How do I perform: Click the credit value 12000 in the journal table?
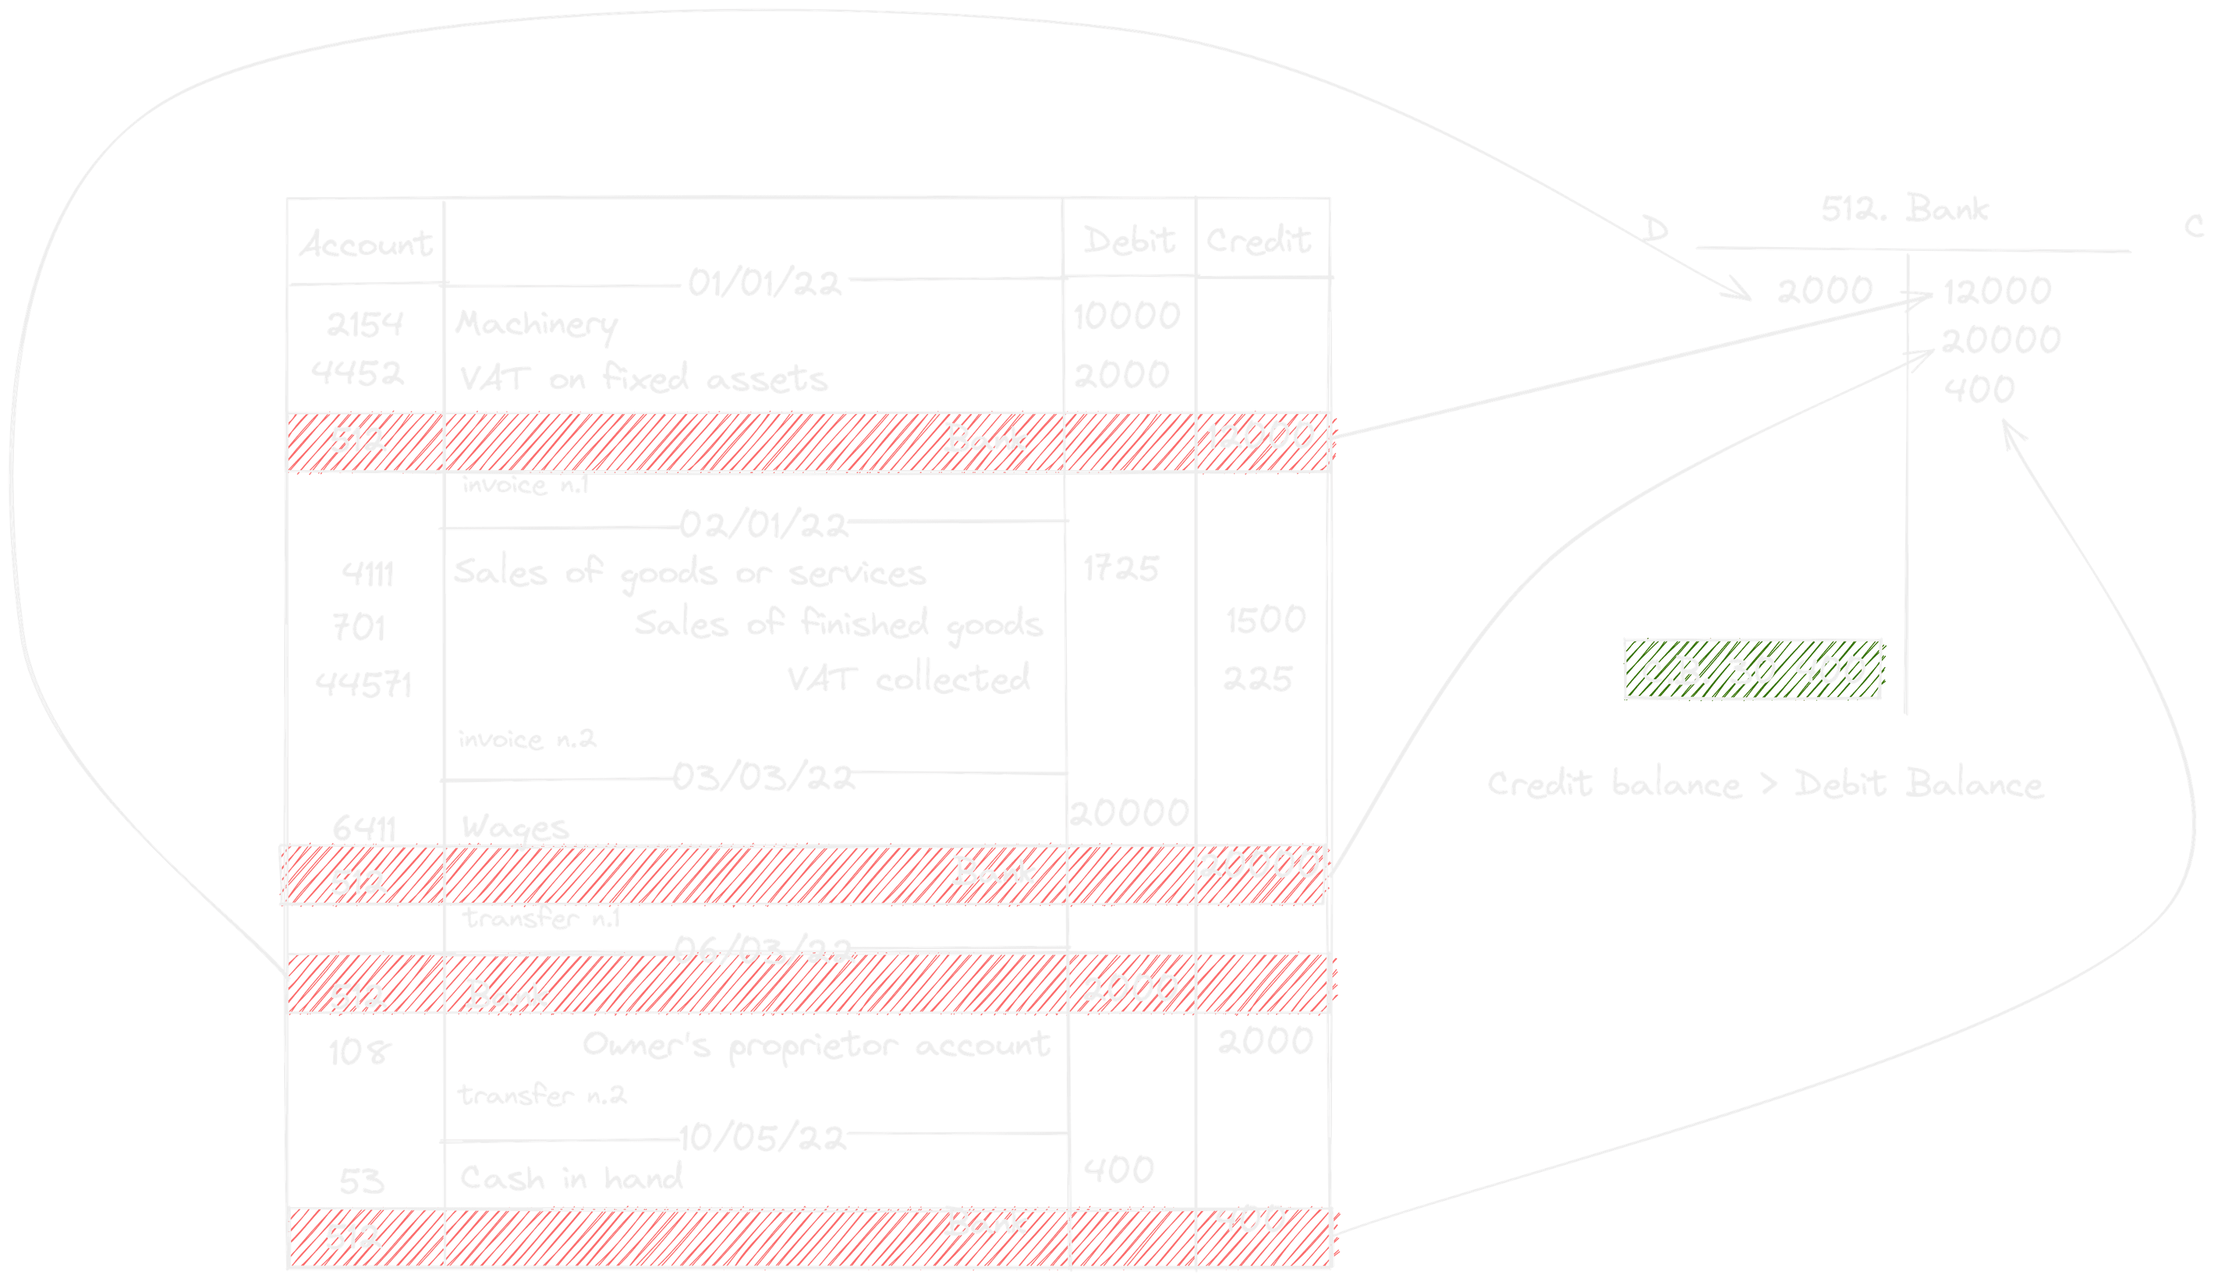(1260, 435)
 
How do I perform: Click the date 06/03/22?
(764, 950)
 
